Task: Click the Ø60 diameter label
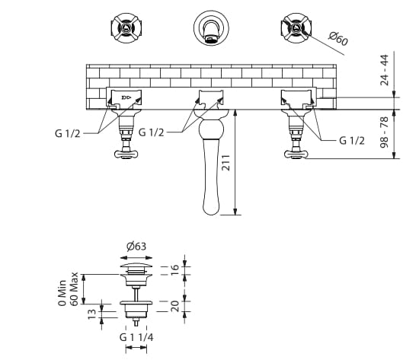338,39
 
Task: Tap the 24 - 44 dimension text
385,70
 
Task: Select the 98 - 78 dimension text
385,132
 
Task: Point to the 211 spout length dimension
226,162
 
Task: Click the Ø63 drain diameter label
136,247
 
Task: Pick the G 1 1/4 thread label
136,338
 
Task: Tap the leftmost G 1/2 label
68,133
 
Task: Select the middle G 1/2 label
151,132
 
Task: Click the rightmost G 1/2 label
352,141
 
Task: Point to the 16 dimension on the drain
174,271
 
